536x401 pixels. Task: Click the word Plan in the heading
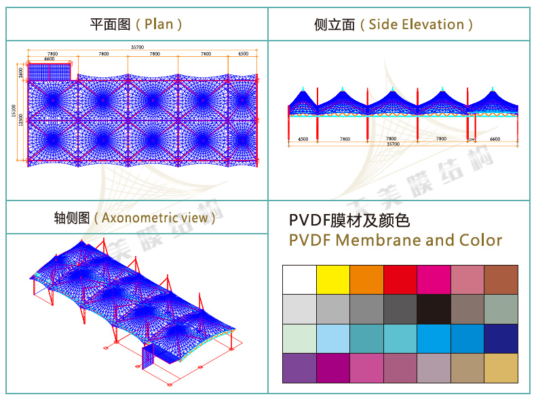159,24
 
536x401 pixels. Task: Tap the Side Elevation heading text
416,24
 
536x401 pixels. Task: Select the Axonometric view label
155,218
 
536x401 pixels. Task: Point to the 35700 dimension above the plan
137,47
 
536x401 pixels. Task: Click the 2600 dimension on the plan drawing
21,71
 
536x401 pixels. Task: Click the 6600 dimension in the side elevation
495,139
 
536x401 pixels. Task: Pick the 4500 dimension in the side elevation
303,139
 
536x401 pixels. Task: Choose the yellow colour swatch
333,279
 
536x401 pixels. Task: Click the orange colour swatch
366,279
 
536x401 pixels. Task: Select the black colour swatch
434,309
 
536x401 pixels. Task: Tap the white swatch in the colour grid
299,279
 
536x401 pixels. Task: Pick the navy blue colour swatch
501,338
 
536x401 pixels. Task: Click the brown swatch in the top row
501,279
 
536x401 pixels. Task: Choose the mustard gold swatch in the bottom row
501,368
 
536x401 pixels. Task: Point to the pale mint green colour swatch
299,338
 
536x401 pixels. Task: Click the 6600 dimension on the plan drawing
49,60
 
